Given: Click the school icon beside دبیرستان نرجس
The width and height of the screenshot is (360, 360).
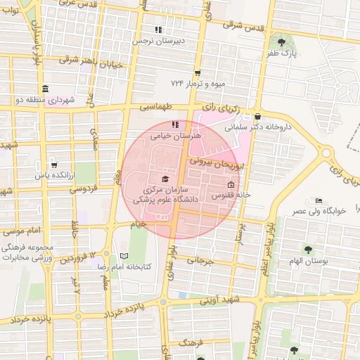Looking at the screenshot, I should point(159,30).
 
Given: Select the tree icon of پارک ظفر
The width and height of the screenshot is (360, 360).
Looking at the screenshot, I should point(282,42).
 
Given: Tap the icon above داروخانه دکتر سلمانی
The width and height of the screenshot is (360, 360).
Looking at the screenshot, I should point(258,117).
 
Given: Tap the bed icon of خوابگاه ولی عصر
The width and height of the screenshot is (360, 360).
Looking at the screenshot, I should point(319,200).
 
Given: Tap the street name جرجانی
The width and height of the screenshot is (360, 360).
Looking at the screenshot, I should point(199,262).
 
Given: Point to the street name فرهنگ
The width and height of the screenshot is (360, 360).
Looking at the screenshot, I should point(191,342).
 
